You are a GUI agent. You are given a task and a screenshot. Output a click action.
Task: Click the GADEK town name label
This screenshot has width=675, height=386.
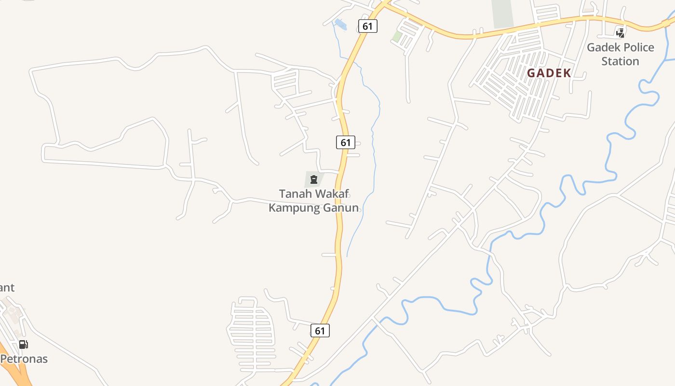(x=549, y=73)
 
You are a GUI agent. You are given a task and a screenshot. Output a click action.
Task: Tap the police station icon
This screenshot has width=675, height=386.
(x=621, y=33)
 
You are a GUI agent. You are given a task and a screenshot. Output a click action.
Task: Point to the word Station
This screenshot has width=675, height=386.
(x=620, y=61)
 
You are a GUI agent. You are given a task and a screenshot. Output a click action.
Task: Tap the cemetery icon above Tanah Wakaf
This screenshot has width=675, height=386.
(x=314, y=180)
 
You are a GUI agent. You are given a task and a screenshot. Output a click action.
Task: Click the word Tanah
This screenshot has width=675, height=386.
(x=296, y=194)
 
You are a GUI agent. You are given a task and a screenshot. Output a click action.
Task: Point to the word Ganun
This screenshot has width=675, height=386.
(x=341, y=208)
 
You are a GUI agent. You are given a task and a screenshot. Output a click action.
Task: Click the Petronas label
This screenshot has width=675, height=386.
(x=24, y=359)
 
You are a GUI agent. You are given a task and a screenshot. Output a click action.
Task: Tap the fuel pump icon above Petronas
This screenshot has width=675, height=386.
(x=23, y=345)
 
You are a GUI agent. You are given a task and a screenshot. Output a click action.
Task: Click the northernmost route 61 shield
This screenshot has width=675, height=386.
(x=367, y=26)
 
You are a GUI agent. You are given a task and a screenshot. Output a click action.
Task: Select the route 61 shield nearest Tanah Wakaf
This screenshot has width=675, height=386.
(x=345, y=142)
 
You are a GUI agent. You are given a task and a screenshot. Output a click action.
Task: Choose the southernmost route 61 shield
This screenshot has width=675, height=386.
(x=320, y=331)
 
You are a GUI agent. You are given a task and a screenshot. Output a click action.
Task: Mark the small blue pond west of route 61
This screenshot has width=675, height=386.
(x=340, y=24)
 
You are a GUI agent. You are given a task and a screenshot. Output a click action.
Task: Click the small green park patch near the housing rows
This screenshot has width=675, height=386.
(x=397, y=36)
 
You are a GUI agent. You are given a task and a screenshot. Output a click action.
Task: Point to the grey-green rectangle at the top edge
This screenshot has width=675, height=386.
(x=502, y=13)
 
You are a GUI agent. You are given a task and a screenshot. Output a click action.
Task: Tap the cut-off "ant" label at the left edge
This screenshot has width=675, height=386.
(x=7, y=288)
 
